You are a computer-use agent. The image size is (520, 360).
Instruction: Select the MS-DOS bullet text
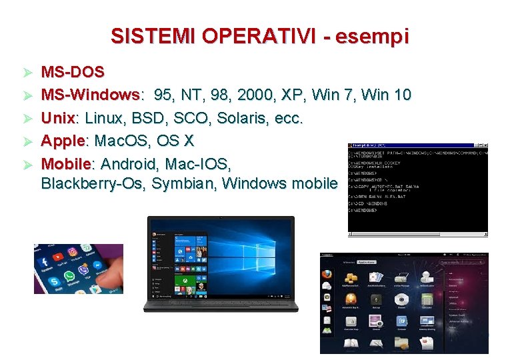(73, 71)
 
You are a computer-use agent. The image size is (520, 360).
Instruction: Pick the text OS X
(175, 141)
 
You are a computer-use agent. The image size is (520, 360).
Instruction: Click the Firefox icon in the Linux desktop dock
(327, 273)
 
